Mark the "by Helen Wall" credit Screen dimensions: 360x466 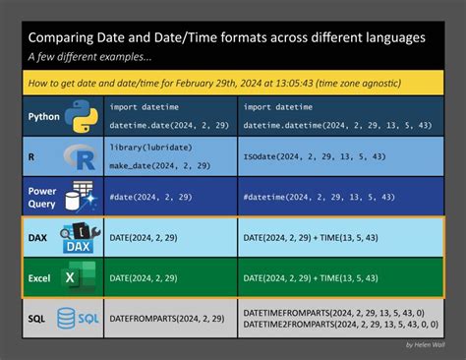(x=425, y=344)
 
